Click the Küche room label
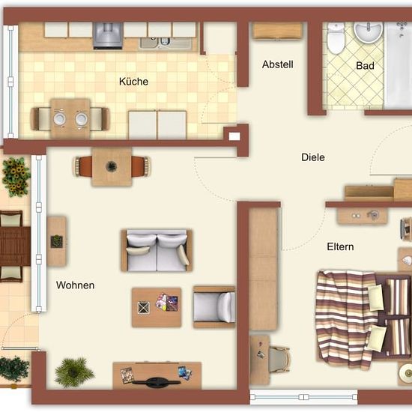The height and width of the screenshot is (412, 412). [x=133, y=82]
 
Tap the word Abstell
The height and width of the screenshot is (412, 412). [x=278, y=64]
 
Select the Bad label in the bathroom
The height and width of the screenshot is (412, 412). [x=365, y=66]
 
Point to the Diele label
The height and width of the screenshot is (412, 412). [x=313, y=157]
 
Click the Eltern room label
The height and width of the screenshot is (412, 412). [x=340, y=246]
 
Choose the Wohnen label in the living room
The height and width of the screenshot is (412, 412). [x=75, y=285]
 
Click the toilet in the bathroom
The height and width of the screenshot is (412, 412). [x=336, y=38]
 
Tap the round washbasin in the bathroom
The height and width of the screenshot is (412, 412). [x=368, y=31]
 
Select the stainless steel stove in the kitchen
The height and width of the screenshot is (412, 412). [x=108, y=36]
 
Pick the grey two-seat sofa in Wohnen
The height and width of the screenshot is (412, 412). [x=157, y=250]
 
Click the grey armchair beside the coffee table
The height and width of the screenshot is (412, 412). [x=214, y=307]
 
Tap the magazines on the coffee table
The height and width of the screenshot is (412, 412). [x=167, y=302]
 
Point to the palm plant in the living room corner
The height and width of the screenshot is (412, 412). [x=74, y=372]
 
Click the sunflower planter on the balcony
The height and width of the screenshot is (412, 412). [x=16, y=177]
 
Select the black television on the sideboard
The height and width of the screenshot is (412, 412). [x=157, y=382]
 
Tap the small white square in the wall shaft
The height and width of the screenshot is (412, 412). [x=234, y=136]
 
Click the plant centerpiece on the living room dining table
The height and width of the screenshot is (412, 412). [x=111, y=166]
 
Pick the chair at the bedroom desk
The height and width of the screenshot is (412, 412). [x=279, y=359]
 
